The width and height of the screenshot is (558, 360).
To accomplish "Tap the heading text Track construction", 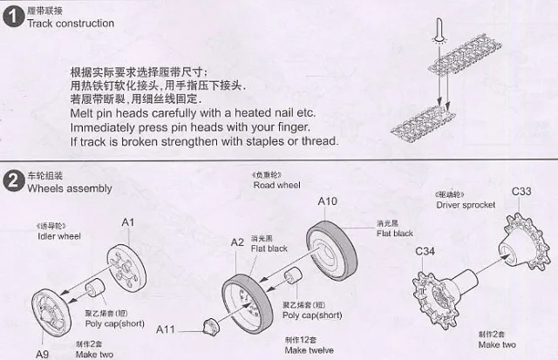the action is [71, 23].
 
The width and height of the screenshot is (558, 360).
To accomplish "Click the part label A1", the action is [126, 223].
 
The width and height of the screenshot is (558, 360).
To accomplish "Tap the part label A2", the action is [237, 243].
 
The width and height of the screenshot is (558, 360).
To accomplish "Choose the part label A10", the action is [327, 201].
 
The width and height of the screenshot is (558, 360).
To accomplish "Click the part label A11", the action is [167, 329].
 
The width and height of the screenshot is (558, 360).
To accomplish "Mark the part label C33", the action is [521, 191].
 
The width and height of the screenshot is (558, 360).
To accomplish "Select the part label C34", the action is [425, 252].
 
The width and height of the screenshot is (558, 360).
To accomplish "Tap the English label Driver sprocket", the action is [466, 205].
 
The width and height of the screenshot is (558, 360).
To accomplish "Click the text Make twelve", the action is [310, 350].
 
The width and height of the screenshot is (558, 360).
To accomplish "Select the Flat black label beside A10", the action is [395, 234].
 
